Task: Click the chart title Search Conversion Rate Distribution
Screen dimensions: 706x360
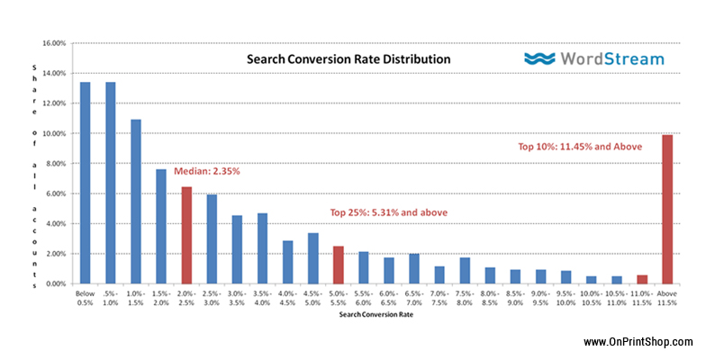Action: pyautogui.click(x=348, y=59)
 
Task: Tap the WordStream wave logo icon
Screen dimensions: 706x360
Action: pyautogui.click(x=539, y=59)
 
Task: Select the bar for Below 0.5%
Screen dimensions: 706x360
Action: pyautogui.click(x=85, y=183)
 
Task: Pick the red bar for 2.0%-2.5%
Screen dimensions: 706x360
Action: pyautogui.click(x=186, y=236)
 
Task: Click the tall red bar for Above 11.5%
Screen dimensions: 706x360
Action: pyautogui.click(x=667, y=209)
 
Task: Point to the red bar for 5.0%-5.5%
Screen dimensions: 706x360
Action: pyautogui.click(x=339, y=265)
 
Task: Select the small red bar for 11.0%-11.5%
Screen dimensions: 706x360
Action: pyautogui.click(x=642, y=279)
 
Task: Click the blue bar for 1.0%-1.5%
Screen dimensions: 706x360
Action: pyautogui.click(x=135, y=202)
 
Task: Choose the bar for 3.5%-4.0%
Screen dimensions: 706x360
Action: pyautogui.click(x=262, y=248)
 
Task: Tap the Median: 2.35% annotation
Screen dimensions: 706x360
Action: pyautogui.click(x=207, y=171)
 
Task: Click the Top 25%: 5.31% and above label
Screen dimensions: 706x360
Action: pyautogui.click(x=389, y=212)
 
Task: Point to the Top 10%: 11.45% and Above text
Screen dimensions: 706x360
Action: pyautogui.click(x=580, y=147)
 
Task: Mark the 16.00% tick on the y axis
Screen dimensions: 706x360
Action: pyautogui.click(x=54, y=43)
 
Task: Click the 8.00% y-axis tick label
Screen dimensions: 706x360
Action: pyautogui.click(x=56, y=164)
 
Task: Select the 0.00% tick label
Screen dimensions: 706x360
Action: pyautogui.click(x=56, y=284)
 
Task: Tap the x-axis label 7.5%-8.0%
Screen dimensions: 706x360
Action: pyautogui.click(x=465, y=299)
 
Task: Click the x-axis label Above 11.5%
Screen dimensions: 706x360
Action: pyautogui.click(x=666, y=299)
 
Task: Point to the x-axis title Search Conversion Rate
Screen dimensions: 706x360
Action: pyautogui.click(x=376, y=315)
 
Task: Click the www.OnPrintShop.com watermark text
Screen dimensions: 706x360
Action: pyautogui.click(x=638, y=342)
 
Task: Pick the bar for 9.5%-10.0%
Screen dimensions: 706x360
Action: pyautogui.click(x=566, y=277)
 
